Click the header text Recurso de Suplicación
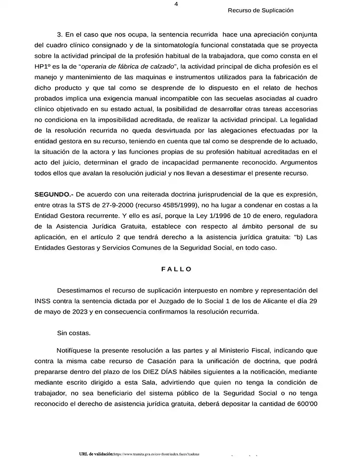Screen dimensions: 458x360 point(261,10)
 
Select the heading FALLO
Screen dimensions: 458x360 point(177,269)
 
